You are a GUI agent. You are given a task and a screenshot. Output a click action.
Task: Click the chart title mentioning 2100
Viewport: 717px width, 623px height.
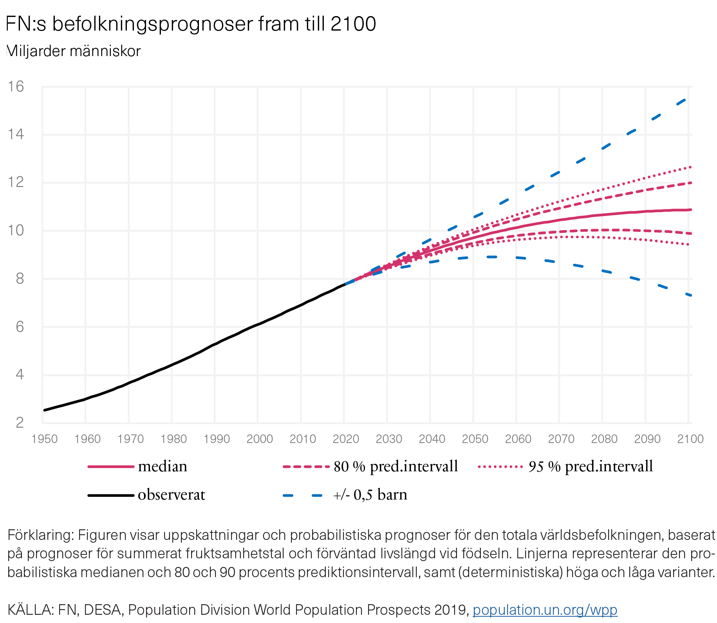pyautogui.click(x=191, y=24)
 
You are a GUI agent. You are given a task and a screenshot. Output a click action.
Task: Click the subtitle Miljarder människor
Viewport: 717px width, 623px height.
pyautogui.click(x=74, y=51)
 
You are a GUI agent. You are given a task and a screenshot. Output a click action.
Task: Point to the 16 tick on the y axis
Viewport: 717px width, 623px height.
pyautogui.click(x=16, y=87)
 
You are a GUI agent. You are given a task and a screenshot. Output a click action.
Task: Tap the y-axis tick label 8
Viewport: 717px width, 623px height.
pyautogui.click(x=20, y=279)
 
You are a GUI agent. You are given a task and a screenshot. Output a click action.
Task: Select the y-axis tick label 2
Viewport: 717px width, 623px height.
pyautogui.click(x=20, y=423)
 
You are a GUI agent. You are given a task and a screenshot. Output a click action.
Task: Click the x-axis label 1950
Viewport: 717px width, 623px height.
pyautogui.click(x=44, y=439)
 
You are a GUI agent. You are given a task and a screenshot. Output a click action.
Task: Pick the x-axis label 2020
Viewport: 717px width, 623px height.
pyautogui.click(x=345, y=439)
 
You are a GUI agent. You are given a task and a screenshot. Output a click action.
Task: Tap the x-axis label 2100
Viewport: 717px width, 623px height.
pyautogui.click(x=690, y=439)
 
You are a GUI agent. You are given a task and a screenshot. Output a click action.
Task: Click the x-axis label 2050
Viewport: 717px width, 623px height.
pyautogui.click(x=475, y=439)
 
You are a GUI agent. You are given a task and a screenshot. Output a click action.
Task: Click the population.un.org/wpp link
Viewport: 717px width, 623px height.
pyautogui.click(x=545, y=610)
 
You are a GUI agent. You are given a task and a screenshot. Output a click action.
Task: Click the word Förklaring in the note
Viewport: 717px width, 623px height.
pyautogui.click(x=40, y=535)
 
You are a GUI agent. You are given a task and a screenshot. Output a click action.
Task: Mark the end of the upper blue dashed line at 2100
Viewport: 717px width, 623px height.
pyautogui.click(x=685, y=100)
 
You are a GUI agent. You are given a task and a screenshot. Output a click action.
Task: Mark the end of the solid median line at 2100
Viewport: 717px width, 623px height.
pyautogui.click(x=691, y=210)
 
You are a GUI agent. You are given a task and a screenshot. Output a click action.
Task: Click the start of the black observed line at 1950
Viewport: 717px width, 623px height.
pyautogui.click(x=45, y=410)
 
